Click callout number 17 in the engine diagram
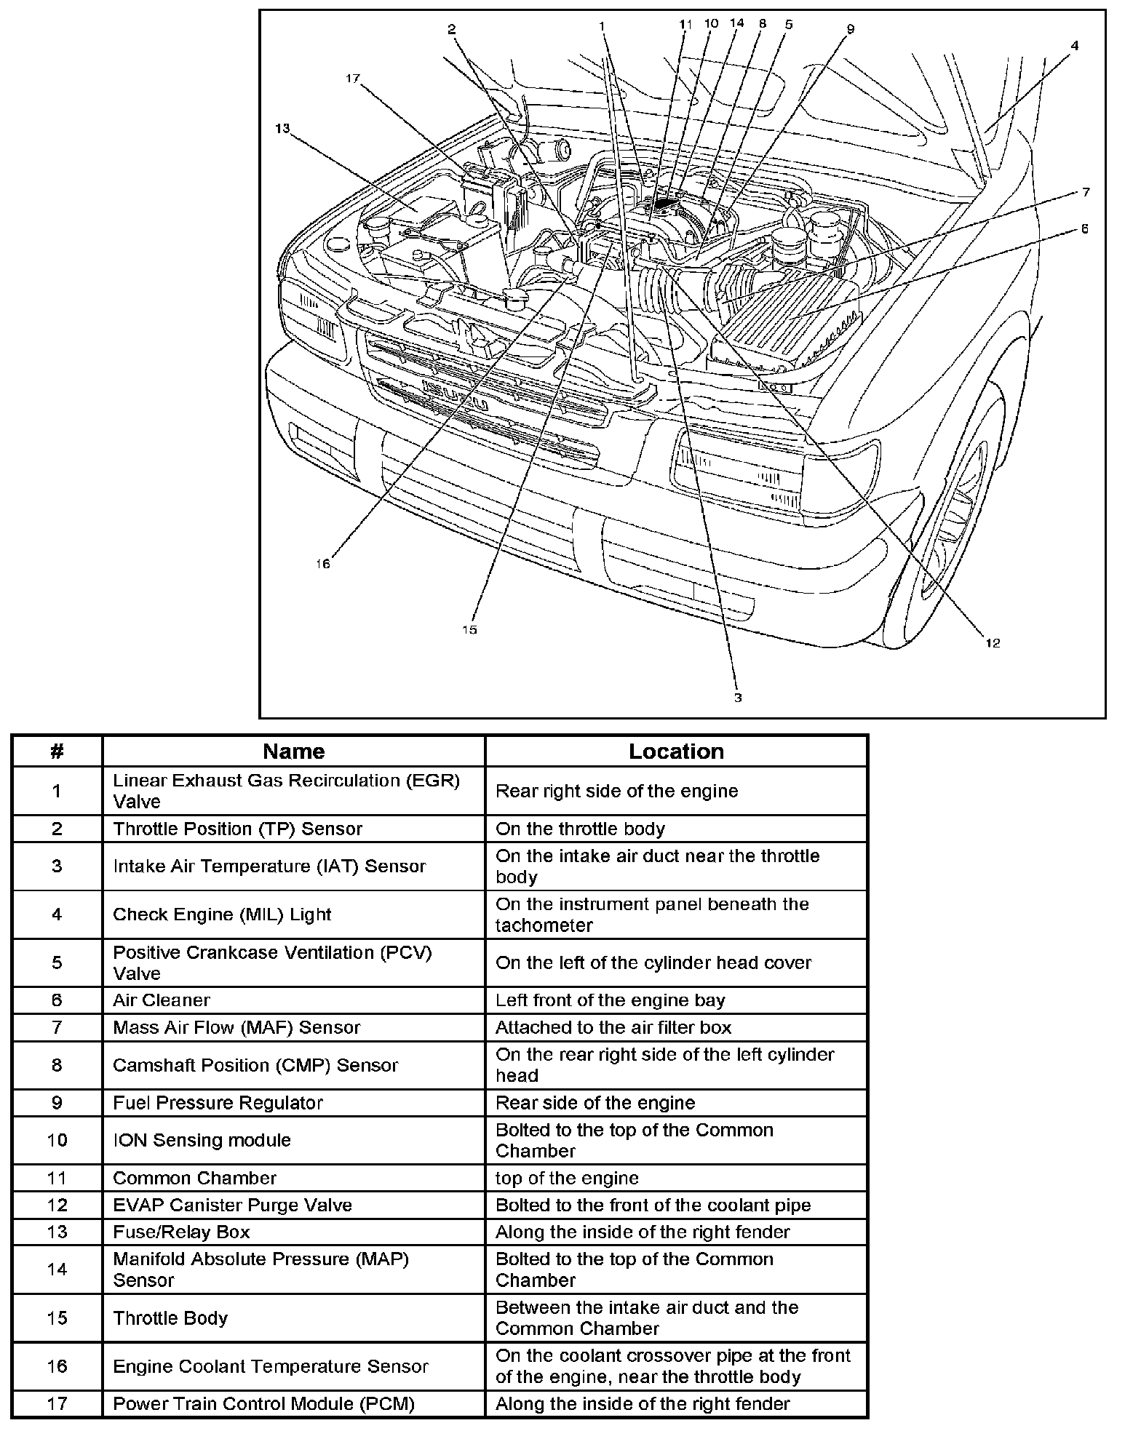point(353,79)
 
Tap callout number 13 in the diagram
point(282,129)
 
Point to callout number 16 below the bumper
point(323,564)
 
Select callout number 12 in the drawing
point(993,642)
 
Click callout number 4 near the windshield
point(1074,45)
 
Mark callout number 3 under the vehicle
point(738,697)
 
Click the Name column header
point(293,752)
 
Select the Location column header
point(676,752)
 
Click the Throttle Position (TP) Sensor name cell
point(237,829)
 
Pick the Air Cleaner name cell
point(162,1000)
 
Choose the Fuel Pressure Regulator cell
point(218,1103)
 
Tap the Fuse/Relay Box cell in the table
point(181,1232)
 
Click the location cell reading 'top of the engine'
point(567,1178)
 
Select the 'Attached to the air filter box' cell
point(613,1027)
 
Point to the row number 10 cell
point(57,1140)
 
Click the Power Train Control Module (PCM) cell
point(263,1403)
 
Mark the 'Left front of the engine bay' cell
point(611,1000)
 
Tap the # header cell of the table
point(57,752)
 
